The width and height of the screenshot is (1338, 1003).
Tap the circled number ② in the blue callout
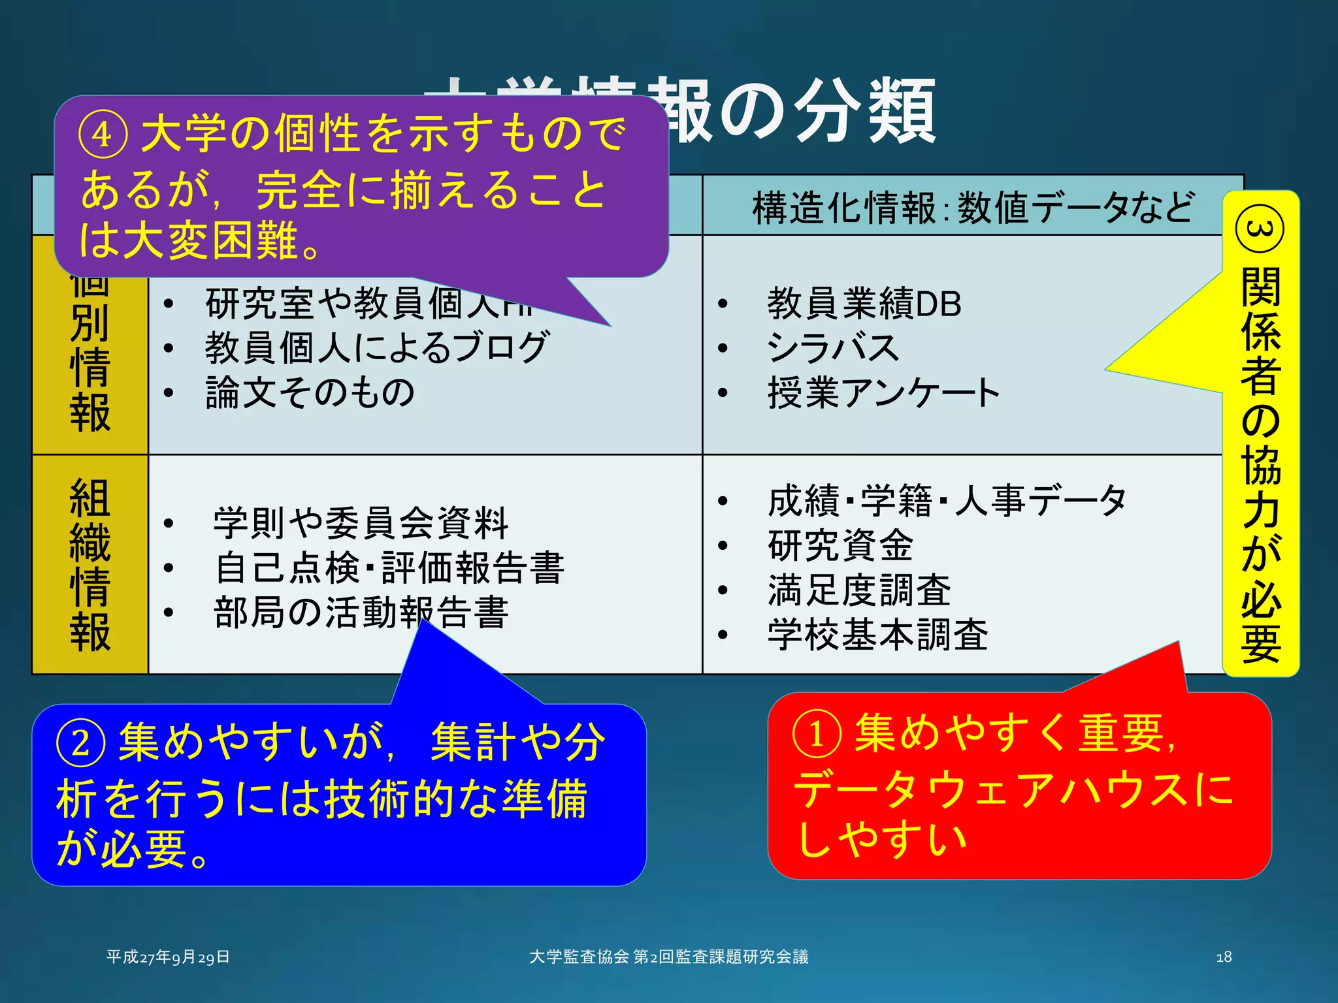point(80,743)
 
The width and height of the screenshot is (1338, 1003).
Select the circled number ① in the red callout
point(816,734)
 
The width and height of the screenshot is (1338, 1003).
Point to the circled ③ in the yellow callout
point(1260,229)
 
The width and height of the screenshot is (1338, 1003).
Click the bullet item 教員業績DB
point(864,304)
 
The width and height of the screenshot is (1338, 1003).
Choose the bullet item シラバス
point(833,347)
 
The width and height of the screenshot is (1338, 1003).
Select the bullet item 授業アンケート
point(883,392)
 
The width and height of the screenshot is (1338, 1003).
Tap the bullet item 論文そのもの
point(310,392)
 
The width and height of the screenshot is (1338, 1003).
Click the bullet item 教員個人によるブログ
point(376,347)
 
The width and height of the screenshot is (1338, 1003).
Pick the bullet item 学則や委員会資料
point(361,523)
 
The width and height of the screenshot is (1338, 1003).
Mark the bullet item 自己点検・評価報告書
point(389,567)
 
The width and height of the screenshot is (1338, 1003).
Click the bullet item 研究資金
point(840,545)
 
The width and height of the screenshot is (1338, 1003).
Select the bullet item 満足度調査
point(859,590)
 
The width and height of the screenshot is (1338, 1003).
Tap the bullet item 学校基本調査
point(877,634)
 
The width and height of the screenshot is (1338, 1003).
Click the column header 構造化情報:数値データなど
point(973,208)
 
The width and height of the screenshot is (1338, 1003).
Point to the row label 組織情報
point(90,564)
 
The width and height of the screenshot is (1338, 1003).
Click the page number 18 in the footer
point(1224,957)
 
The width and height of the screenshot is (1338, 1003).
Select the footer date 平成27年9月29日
point(168,957)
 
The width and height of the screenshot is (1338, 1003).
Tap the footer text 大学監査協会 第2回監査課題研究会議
point(668,957)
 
